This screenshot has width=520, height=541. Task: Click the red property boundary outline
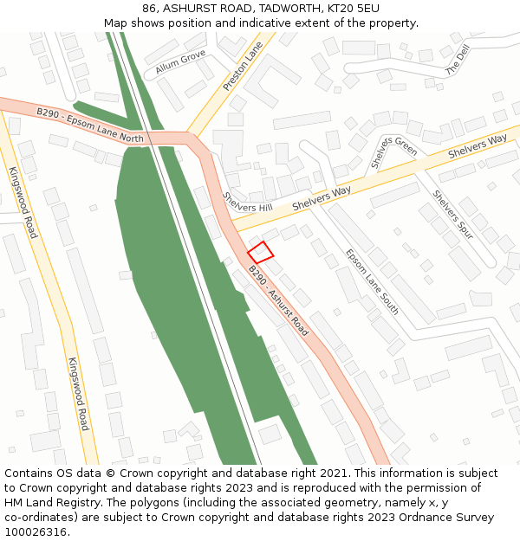click(261, 252)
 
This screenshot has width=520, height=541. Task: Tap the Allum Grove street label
click(180, 61)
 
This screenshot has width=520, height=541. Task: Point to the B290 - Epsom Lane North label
click(90, 126)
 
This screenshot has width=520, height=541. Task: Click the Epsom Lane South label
click(372, 281)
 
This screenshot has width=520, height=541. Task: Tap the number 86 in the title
click(151, 9)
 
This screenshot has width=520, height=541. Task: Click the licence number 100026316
click(36, 531)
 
